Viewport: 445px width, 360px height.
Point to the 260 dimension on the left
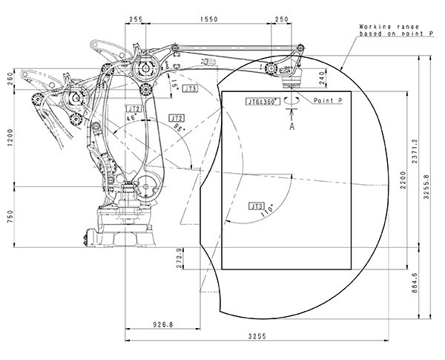pos(10,79)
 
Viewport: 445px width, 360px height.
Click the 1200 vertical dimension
pos(10,139)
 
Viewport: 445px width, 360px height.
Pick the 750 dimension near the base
pos(10,216)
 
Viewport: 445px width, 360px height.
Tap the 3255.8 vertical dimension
pos(427,180)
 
